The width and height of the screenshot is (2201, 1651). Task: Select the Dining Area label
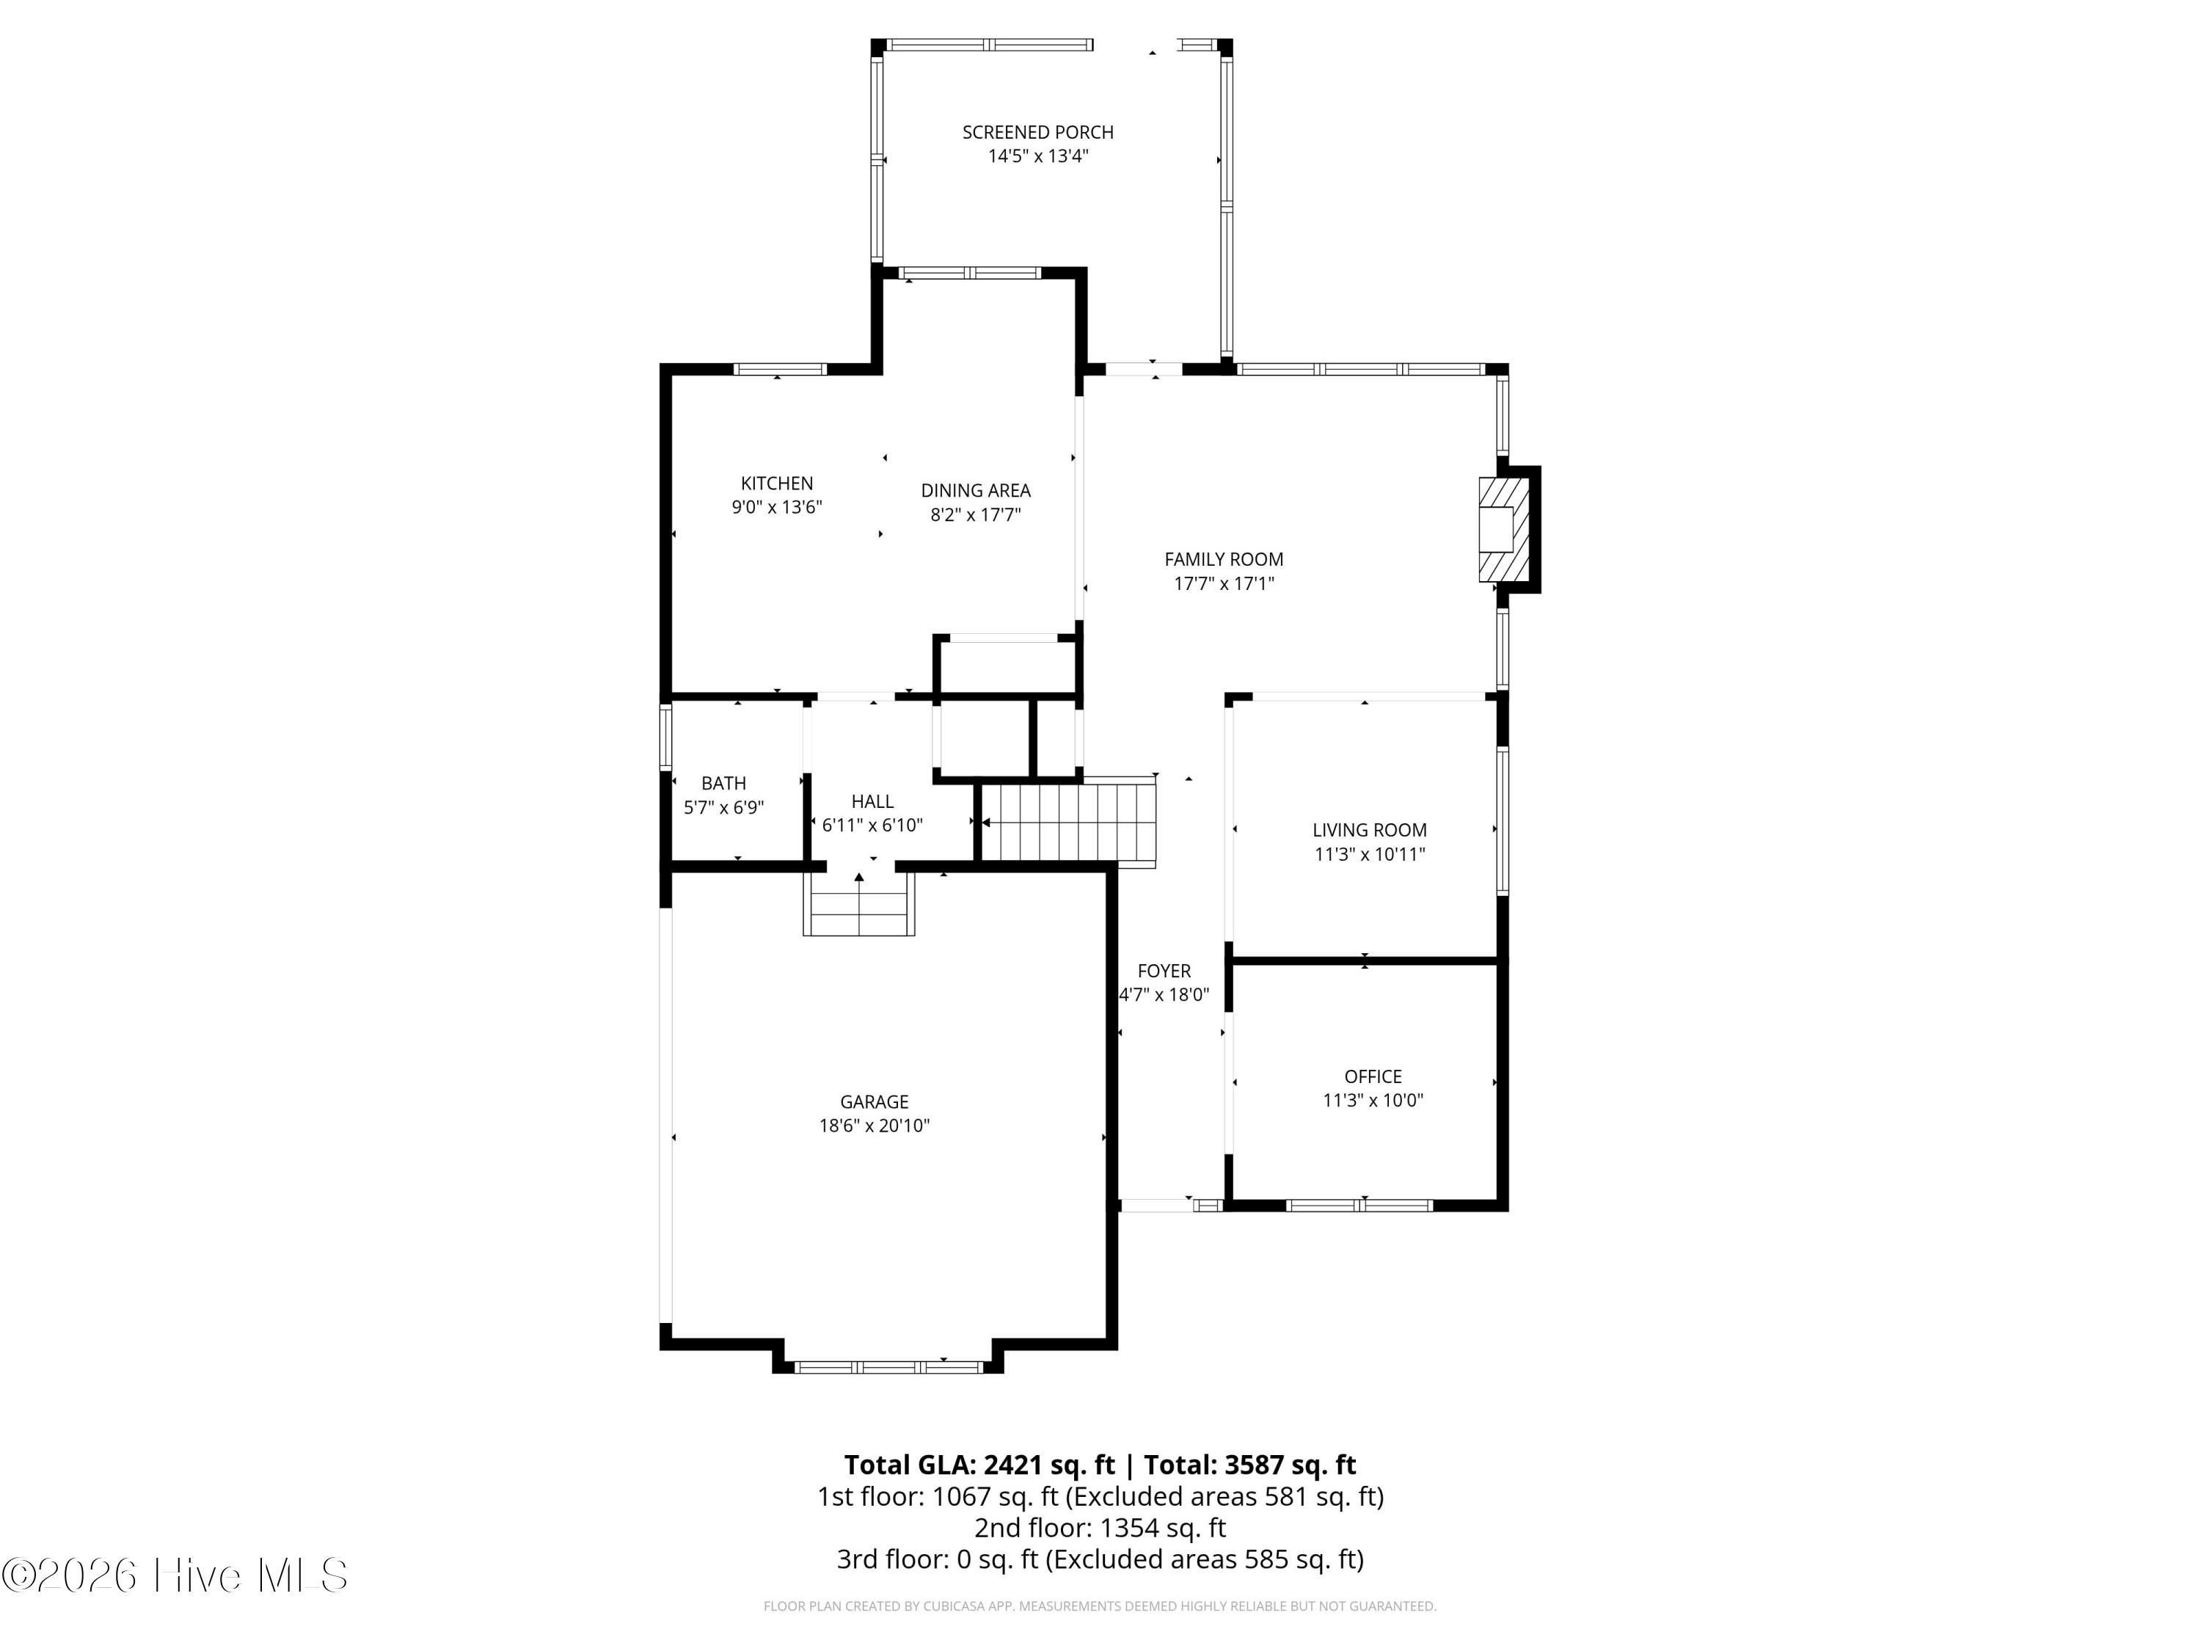(975, 491)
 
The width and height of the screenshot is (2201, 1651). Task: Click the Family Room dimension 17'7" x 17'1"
(1223, 584)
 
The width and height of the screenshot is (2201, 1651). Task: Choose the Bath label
(723, 783)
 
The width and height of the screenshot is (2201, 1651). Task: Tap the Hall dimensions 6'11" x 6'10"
(872, 825)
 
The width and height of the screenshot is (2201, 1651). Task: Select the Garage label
(874, 1101)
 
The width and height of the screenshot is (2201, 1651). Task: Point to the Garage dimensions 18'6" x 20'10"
(874, 1126)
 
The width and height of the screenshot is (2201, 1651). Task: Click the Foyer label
(1163, 970)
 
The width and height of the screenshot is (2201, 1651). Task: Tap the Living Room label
(1369, 830)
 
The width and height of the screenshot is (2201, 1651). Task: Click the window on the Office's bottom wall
(1359, 1205)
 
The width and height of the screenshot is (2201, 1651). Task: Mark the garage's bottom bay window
(888, 1367)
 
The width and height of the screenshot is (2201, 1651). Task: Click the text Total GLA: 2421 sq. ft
(979, 1465)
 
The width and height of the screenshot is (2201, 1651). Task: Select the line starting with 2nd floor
(1100, 1528)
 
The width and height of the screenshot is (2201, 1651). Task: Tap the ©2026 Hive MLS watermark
(175, 1575)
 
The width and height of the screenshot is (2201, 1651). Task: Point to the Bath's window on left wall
(665, 737)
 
